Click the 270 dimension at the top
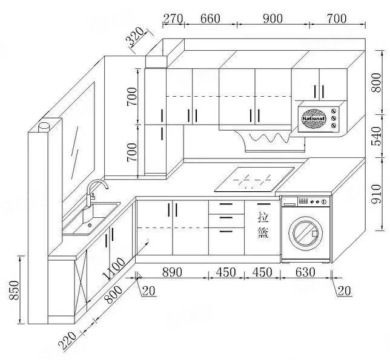click(173, 19)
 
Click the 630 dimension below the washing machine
click(306, 272)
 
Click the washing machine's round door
click(306, 231)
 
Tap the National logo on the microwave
click(313, 116)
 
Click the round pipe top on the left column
click(44, 126)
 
